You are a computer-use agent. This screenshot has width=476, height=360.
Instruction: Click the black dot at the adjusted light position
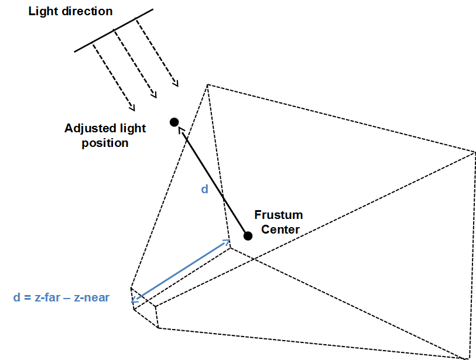174,122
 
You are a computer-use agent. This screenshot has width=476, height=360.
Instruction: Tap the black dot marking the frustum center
248,236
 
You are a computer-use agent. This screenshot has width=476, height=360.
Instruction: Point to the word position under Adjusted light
105,143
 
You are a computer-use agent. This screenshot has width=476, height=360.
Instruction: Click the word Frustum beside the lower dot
279,215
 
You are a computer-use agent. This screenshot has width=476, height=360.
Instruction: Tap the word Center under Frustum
280,229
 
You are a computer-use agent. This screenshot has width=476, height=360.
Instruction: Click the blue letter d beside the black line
204,190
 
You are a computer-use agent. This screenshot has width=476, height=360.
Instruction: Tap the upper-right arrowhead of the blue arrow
226,243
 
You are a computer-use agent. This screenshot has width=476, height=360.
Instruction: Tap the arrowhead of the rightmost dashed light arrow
176,83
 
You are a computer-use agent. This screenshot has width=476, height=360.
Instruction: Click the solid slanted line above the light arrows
114,30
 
